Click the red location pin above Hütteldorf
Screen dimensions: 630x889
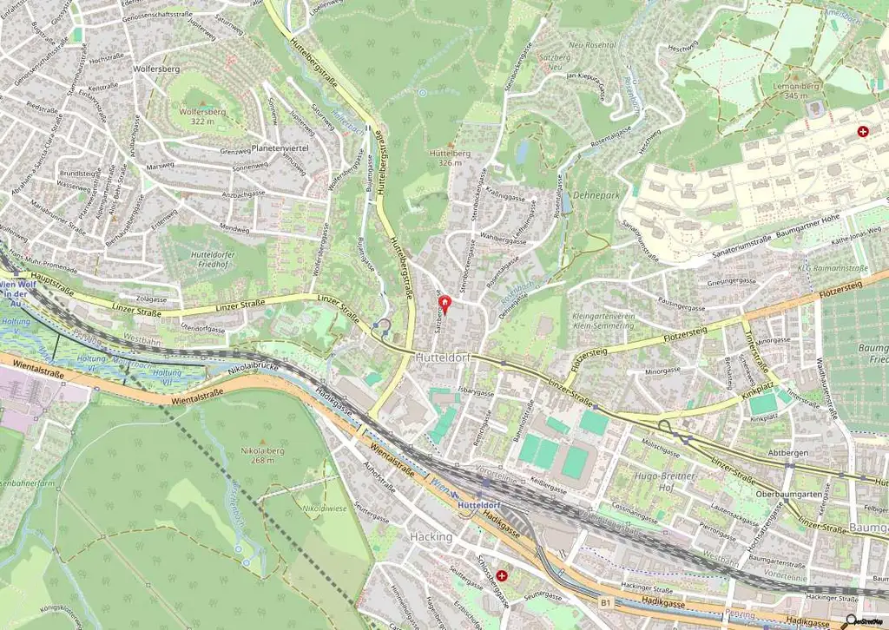(446, 304)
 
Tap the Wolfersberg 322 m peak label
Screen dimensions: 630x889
(201, 116)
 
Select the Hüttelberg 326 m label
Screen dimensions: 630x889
(449, 156)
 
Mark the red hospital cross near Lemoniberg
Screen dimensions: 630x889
(863, 132)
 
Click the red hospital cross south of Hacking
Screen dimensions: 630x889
(502, 574)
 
